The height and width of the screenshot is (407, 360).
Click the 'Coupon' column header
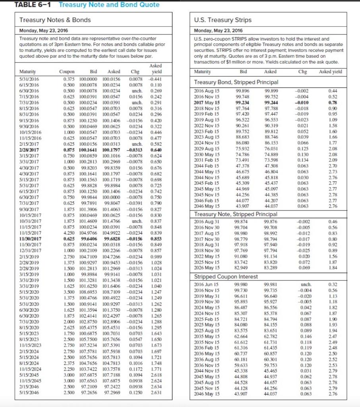pos(67,72)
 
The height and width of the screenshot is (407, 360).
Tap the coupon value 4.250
pos(69,232)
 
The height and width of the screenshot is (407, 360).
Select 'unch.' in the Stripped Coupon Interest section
pos(304,285)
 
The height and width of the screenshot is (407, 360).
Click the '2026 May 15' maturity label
pos(205,268)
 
